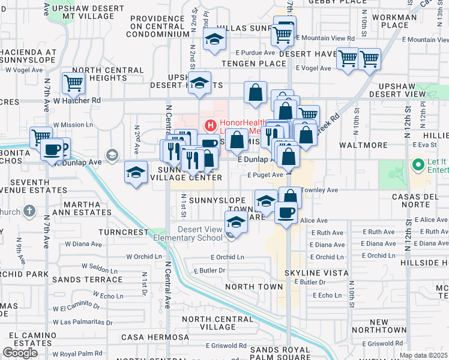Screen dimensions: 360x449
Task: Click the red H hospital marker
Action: (210, 126)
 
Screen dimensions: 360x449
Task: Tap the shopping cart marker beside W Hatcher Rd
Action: (73, 84)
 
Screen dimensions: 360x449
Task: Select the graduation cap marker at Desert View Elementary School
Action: (237, 223)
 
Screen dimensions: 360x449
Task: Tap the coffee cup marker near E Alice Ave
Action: (286, 212)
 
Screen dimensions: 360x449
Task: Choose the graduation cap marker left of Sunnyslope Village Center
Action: (136, 173)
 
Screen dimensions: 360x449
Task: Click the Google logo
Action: (20, 353)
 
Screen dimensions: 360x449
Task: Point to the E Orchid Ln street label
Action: (227, 257)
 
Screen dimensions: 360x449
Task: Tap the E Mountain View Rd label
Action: (328, 38)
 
